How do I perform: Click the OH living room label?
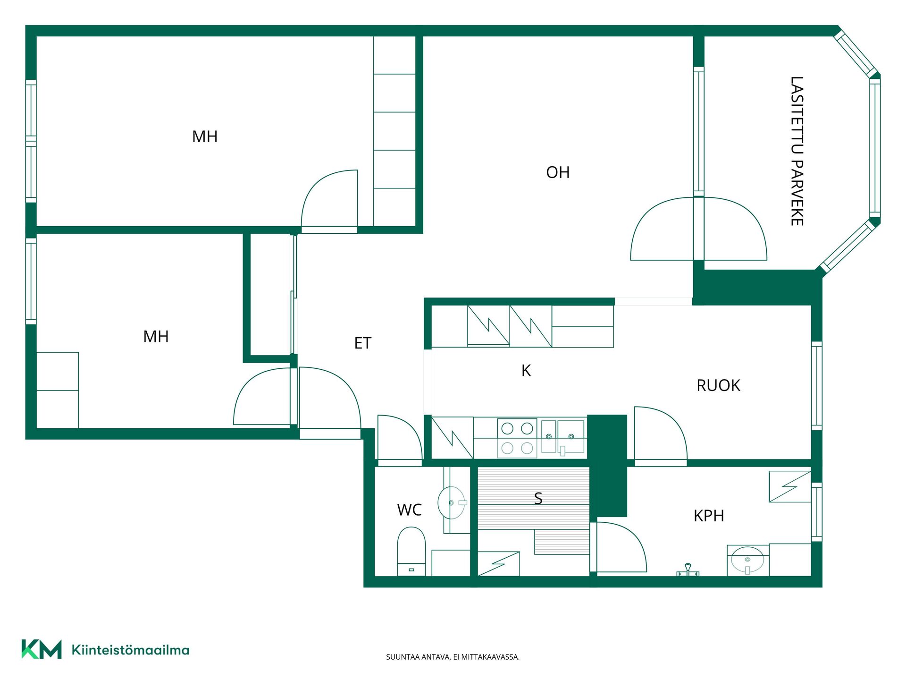coord(558,172)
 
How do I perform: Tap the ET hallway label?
coord(363,343)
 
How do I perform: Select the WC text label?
coord(409,510)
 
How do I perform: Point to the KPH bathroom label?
coord(709,516)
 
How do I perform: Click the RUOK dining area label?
coord(718,385)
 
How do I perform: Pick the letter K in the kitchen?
coord(526,371)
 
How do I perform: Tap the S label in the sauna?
coord(538,498)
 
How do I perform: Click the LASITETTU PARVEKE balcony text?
coord(797,151)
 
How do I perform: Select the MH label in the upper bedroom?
coord(205,136)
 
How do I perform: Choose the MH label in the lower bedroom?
coord(156,336)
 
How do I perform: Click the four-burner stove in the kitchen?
coord(517,438)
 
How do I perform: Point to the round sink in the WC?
coord(452,503)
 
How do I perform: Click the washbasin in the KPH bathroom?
coord(747,560)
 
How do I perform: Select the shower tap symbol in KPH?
coord(688,570)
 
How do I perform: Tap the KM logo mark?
coord(42,649)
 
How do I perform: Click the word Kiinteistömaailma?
coord(130,650)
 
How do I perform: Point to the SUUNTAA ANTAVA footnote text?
coord(453,657)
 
